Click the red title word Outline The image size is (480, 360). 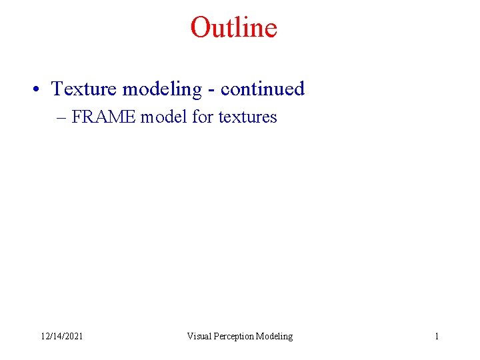point(233,28)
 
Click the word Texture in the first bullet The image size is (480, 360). point(84,89)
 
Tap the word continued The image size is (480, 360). point(262,89)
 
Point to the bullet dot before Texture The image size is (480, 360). point(41,89)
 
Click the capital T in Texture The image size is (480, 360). point(57,89)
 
